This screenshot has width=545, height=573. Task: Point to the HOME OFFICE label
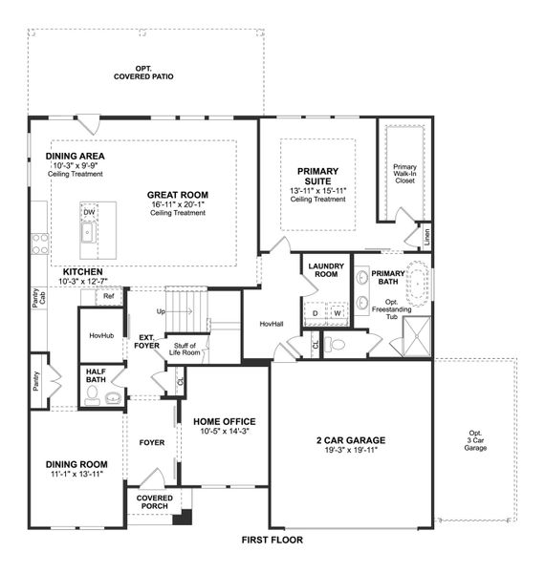(x=225, y=421)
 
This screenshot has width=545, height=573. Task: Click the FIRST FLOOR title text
(x=272, y=540)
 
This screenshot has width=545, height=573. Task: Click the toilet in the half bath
(x=93, y=393)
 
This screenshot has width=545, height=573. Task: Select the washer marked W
(x=338, y=312)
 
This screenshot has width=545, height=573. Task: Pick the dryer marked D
(x=316, y=312)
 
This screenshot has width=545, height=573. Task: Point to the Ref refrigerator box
(x=109, y=297)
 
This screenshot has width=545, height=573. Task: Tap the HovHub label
(x=101, y=336)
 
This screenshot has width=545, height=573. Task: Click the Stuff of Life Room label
(x=184, y=349)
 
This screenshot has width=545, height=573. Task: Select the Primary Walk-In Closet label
(x=405, y=173)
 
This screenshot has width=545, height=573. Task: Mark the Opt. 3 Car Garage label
(x=475, y=439)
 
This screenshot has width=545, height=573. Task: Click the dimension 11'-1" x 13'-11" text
(x=76, y=474)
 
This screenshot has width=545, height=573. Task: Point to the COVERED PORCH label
(x=154, y=502)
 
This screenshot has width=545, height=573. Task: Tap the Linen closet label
(x=426, y=236)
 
